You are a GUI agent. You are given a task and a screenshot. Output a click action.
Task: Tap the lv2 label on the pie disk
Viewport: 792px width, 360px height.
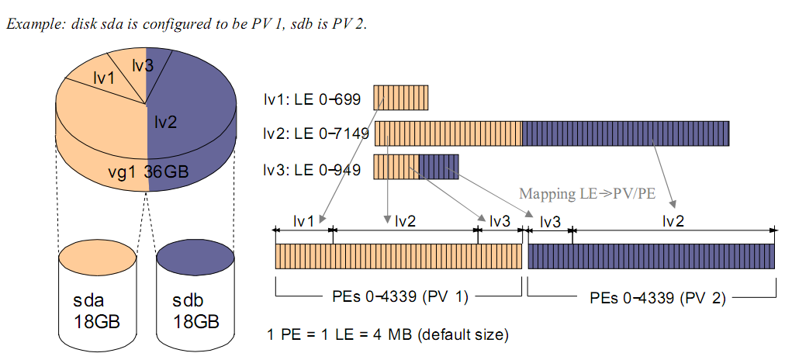pyautogui.click(x=166, y=121)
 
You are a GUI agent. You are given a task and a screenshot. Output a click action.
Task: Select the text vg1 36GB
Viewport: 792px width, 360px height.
pyautogui.click(x=148, y=171)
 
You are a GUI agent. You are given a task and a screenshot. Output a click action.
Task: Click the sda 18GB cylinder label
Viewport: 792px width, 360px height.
pyautogui.click(x=96, y=310)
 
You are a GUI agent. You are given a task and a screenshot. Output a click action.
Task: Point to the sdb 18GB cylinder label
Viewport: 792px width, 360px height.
pyautogui.click(x=195, y=310)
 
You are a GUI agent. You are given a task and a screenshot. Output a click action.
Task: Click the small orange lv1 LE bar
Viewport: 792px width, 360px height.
pyautogui.click(x=400, y=97)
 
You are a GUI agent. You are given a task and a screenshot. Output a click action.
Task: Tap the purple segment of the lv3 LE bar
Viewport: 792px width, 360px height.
pyautogui.click(x=438, y=167)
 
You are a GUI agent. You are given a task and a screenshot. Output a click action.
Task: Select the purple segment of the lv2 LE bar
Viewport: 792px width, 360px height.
pyautogui.click(x=625, y=133)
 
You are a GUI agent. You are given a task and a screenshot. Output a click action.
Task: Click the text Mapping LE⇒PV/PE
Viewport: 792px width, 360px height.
pyautogui.click(x=587, y=193)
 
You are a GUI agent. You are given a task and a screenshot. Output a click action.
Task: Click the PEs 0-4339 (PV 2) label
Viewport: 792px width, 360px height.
pyautogui.click(x=658, y=298)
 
